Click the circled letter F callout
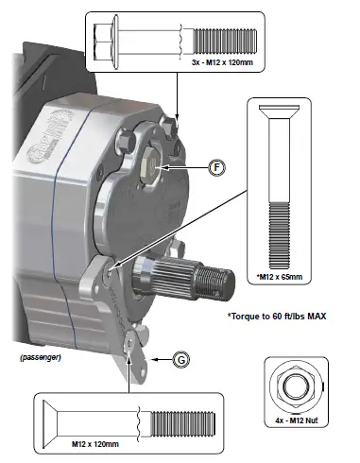[216, 167]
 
